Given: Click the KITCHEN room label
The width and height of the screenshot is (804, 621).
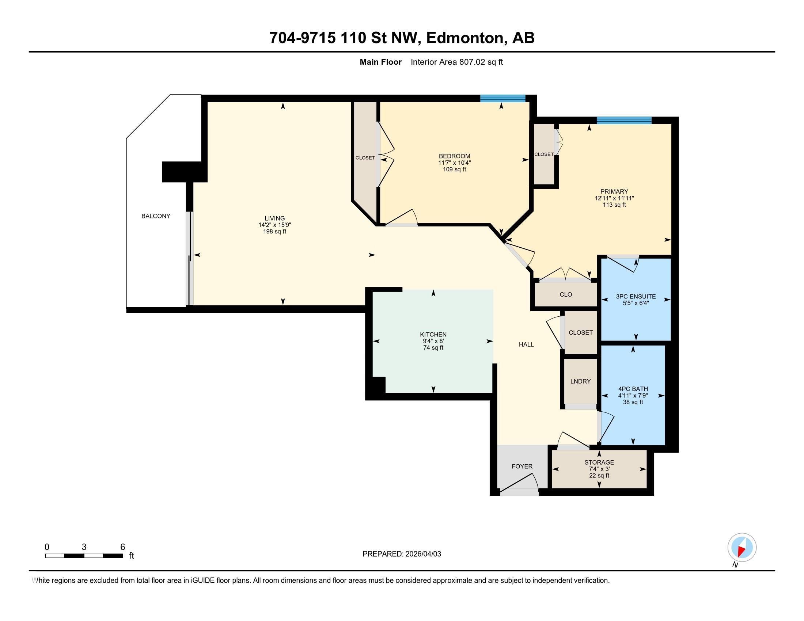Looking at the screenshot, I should point(433,334).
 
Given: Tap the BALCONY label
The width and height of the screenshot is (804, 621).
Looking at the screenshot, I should point(156,216).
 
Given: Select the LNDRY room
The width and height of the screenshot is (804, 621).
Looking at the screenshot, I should point(580,381).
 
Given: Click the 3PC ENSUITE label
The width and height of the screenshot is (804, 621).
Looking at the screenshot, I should point(636,297).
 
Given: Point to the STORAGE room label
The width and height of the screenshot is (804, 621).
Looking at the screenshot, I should point(599,462).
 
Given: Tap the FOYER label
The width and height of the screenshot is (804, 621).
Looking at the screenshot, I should point(522,466).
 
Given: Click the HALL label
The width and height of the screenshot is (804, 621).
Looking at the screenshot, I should point(526,344).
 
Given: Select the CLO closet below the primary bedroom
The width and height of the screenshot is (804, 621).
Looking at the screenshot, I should point(565,294).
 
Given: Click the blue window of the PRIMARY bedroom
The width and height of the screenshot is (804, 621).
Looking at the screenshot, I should point(624,120).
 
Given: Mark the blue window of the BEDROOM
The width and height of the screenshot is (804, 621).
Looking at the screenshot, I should point(503,98).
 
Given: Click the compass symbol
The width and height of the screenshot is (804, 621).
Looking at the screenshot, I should point(742,548).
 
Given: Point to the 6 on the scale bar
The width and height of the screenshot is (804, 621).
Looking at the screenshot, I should point(122,547).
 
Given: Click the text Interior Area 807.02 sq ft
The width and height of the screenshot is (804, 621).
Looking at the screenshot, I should point(456,62).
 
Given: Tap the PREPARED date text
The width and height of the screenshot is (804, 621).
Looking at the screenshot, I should point(402,554).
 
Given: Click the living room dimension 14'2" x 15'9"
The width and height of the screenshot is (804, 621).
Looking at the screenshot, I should point(274,225).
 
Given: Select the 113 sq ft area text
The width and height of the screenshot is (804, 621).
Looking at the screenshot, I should point(614,205).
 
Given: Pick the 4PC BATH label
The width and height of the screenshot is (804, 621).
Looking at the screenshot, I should point(633,389).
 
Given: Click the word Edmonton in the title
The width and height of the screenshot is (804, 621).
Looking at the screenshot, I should point(464,38).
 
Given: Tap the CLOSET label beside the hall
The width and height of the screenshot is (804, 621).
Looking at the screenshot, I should point(581,332).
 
